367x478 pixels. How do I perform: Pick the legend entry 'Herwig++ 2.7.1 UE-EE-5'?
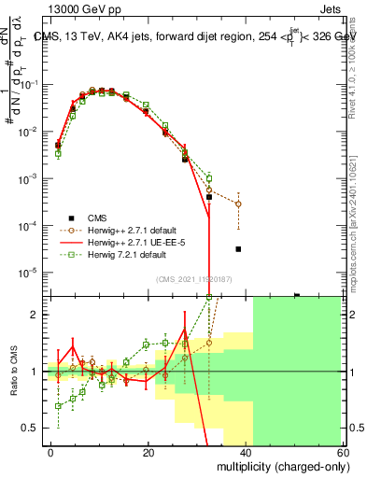(x=121, y=242)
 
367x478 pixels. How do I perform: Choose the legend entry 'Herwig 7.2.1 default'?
(x=116, y=254)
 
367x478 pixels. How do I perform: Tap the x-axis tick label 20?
(x=148, y=451)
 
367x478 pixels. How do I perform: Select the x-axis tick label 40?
(x=247, y=451)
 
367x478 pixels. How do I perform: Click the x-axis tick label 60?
(x=345, y=451)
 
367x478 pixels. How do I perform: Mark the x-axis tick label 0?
(x=49, y=451)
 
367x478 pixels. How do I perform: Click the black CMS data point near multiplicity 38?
(x=239, y=249)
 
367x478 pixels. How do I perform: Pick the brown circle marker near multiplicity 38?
(x=239, y=204)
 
